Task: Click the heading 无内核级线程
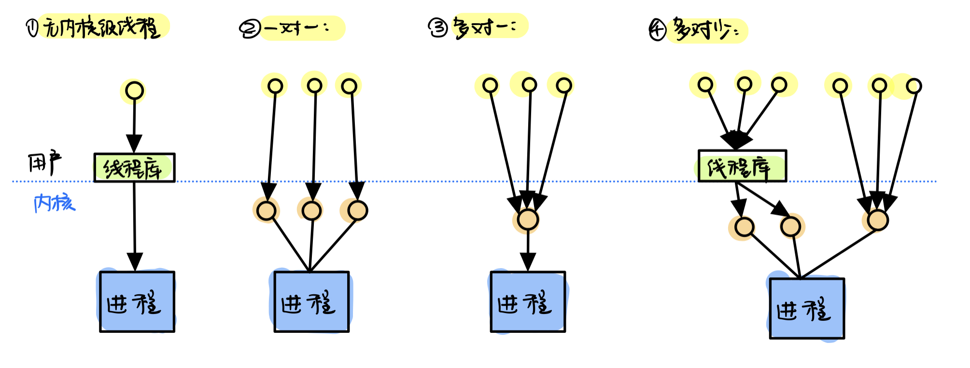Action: point(101,27)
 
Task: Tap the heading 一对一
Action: point(297,28)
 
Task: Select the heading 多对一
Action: point(485,27)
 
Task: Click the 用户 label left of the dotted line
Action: point(44,163)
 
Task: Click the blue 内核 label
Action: point(55,203)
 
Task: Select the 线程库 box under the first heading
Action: point(134,168)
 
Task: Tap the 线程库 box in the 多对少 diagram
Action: point(742,166)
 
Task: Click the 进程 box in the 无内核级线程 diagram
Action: point(137,302)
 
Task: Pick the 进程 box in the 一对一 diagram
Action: point(311,302)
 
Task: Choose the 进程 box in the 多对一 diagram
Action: point(528,302)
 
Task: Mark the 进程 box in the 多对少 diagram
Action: point(807,309)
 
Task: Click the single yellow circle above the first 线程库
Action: point(135,90)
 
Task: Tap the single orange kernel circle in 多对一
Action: point(528,219)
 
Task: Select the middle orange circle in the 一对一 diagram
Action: point(311,211)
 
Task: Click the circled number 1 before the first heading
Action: point(32,27)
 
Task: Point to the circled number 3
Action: point(438,27)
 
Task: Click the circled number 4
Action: point(657,30)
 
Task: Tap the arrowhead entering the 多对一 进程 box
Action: point(528,262)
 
